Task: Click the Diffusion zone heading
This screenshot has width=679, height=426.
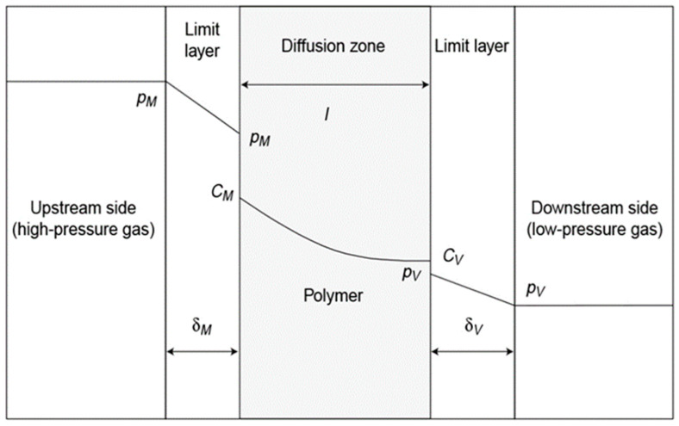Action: click(x=333, y=46)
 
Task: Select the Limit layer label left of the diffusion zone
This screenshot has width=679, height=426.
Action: click(x=202, y=40)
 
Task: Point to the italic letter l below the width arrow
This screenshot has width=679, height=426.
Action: click(x=327, y=114)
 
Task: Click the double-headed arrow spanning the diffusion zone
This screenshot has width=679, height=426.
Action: click(x=334, y=84)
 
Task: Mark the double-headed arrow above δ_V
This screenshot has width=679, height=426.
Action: click(x=472, y=351)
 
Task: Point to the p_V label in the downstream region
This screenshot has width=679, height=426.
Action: click(x=536, y=291)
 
